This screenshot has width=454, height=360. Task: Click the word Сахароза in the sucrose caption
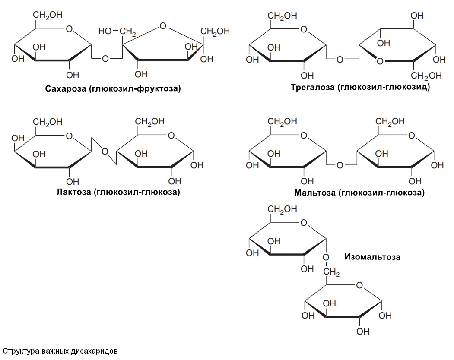pos(64,89)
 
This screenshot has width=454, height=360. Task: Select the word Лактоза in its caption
pos(73,192)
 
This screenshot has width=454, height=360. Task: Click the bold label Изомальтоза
pos(372,257)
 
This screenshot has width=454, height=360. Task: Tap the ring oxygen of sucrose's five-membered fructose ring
pos(162,26)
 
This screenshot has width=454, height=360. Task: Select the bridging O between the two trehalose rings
pos(340,59)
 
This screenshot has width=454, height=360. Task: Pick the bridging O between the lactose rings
pos(105,152)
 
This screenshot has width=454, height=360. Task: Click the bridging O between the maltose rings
pos(340,165)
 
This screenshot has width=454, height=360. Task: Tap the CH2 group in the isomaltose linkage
pos(332,272)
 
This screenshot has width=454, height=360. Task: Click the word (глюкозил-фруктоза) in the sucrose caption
pos(132,89)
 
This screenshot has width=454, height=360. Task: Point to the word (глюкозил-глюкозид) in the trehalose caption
pos(384,88)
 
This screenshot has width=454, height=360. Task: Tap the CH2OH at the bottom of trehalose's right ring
pos(426,76)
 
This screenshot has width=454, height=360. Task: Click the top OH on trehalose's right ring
pos(417,16)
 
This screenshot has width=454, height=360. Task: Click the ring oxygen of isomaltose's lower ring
pos(359,285)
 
